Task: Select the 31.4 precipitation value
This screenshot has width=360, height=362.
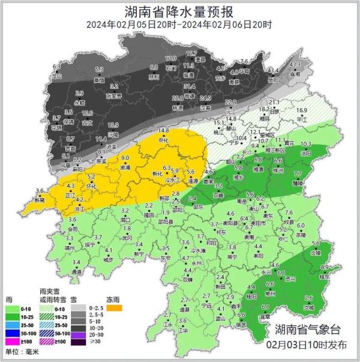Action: click(x=189, y=86)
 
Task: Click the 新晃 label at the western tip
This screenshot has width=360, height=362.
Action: click(x=40, y=199)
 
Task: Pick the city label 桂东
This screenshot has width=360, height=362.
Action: click(x=325, y=277)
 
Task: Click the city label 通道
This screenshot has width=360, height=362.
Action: click(x=77, y=271)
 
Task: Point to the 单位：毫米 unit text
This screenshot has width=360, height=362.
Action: click(x=23, y=351)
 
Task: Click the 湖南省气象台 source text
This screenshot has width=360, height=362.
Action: click(x=308, y=330)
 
